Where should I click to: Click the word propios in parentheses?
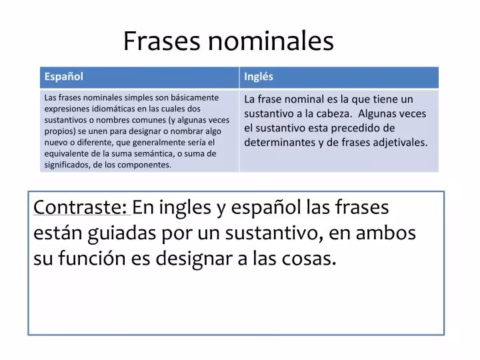57,131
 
